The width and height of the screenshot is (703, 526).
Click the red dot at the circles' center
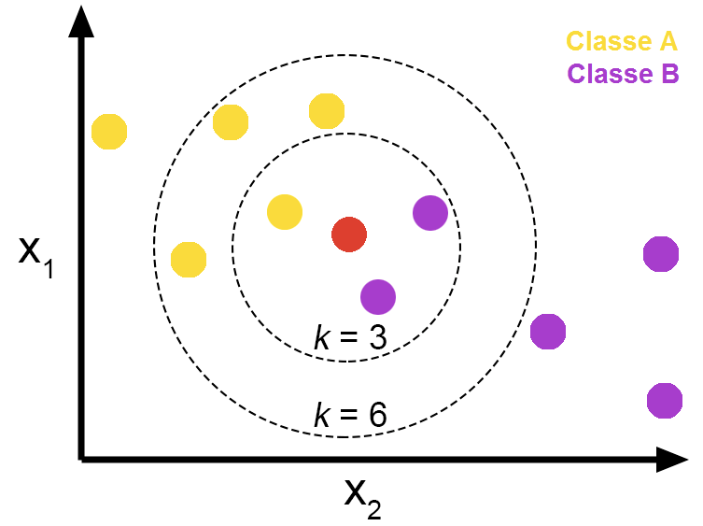349,235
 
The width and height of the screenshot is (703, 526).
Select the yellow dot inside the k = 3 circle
285,212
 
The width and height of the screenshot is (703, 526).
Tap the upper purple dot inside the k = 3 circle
430,213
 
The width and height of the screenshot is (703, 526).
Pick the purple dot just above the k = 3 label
378,297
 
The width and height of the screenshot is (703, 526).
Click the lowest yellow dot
189,260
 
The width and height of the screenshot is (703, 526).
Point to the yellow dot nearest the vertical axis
109,132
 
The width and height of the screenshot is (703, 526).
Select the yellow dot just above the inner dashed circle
327,111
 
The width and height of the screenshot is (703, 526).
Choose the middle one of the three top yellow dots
231,122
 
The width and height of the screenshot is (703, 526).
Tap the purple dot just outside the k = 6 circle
548,332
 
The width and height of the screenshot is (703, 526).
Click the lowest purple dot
665,401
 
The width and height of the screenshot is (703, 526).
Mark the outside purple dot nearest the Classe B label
661,254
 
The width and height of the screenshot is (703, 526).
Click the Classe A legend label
622,41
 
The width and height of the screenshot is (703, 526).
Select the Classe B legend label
624,74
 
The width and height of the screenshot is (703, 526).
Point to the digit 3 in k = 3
378,337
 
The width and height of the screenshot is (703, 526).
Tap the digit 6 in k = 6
377,415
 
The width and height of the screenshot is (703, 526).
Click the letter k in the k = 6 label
322,414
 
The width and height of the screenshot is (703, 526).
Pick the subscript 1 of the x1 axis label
49,268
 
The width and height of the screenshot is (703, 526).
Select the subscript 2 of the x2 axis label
374,508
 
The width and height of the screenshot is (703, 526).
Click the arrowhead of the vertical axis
81,21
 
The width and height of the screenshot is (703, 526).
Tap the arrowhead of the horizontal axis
672,459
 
